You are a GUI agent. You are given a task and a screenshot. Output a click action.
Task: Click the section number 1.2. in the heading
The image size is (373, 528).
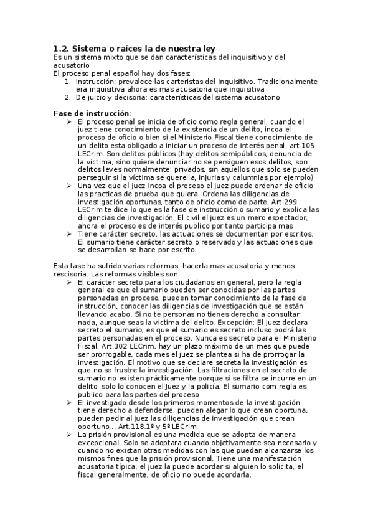click(x=61, y=48)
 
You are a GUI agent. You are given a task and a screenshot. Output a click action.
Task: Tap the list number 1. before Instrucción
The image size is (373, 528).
click(x=68, y=81)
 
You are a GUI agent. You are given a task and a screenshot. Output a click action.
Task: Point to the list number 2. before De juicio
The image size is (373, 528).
click(x=68, y=97)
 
